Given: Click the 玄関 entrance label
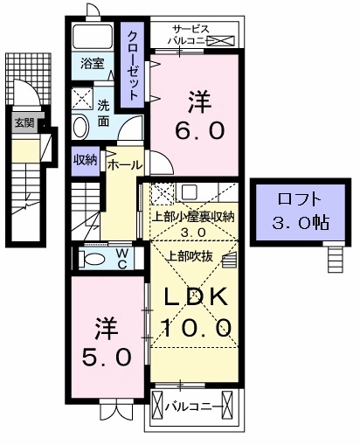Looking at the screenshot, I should point(24,123).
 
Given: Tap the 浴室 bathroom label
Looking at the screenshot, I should point(92,64).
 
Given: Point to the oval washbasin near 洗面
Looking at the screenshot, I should point(80,127).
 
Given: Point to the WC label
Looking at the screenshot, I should point(121,258).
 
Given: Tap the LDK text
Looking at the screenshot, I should point(196,297).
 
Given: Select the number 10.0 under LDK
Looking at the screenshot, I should point(196,328).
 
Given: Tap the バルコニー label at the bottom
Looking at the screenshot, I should point(194,406).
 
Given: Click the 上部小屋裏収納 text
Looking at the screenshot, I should point(193,217).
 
